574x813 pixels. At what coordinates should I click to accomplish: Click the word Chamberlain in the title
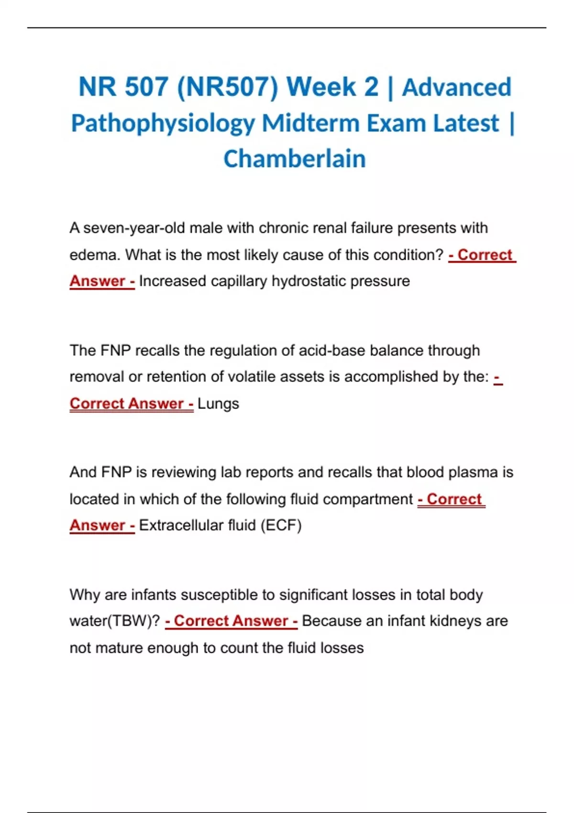[294, 159]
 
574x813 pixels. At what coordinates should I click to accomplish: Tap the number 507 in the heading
[146, 87]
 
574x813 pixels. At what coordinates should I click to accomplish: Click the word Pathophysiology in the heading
[162, 123]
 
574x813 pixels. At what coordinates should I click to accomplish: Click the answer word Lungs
[218, 404]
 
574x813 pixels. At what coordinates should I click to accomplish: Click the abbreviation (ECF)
[281, 526]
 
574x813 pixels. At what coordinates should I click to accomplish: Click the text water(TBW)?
[115, 621]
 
